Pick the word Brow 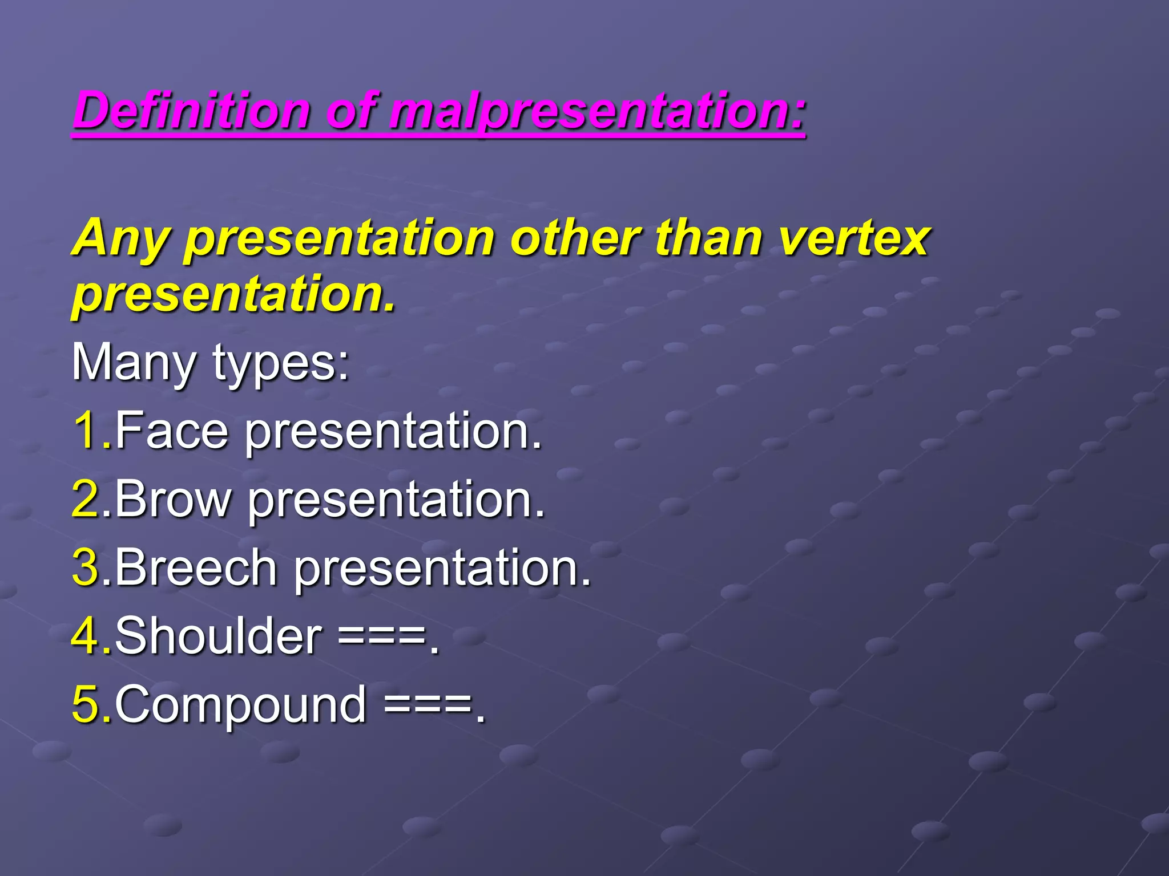click(174, 498)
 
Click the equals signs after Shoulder click(382, 636)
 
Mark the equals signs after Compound click(428, 705)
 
